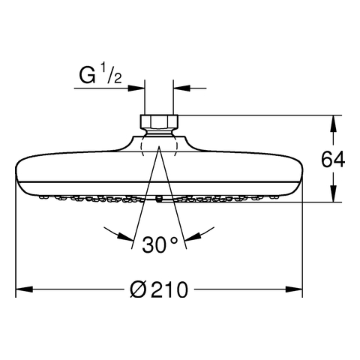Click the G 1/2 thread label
click(x=100, y=73)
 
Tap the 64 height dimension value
click(x=333, y=160)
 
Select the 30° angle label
click(x=160, y=244)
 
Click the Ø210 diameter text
click(x=159, y=289)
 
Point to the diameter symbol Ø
click(x=138, y=289)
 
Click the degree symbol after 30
click(x=174, y=241)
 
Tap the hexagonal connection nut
click(x=159, y=121)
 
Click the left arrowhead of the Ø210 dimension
click(x=25, y=289)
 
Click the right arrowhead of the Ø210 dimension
click(x=294, y=289)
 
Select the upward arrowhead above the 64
click(x=333, y=124)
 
